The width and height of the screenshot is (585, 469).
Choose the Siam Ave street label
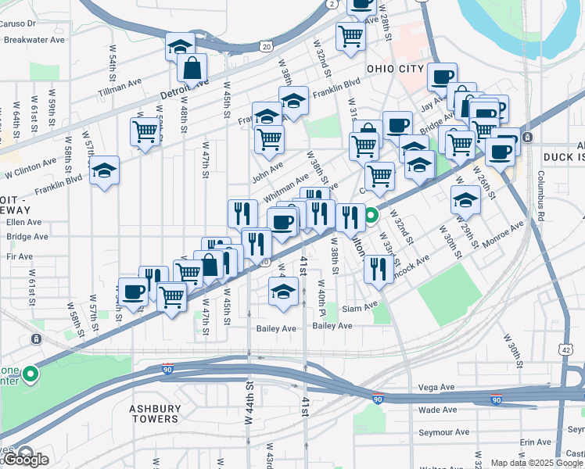359,308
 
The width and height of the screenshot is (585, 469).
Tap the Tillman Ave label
120,85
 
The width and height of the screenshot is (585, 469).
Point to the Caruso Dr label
19,23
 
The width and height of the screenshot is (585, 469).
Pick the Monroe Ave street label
502,234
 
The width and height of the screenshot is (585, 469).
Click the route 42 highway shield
565,351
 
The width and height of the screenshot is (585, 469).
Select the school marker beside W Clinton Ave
103,172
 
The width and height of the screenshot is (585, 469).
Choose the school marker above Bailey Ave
282,294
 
